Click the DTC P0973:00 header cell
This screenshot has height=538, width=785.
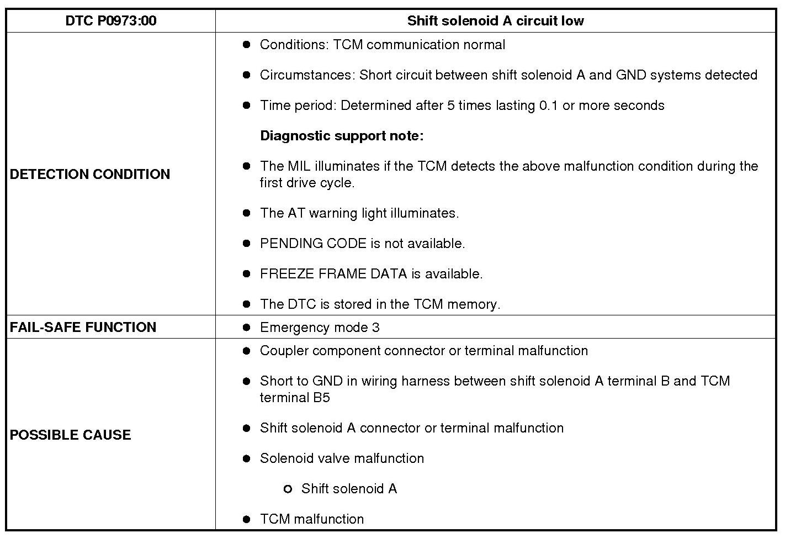tap(110, 21)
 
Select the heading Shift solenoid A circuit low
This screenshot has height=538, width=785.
tap(495, 21)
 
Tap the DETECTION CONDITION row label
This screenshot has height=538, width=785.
tap(90, 174)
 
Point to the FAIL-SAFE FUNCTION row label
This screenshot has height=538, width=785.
tap(83, 327)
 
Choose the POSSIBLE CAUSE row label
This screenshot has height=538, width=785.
tap(71, 435)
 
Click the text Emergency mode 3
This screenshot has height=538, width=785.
tap(320, 328)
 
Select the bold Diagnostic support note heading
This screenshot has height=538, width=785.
tap(342, 136)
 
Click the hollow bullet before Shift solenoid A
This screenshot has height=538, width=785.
tap(287, 489)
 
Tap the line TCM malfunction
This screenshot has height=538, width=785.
tap(312, 519)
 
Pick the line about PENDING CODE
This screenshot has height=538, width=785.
tap(362, 244)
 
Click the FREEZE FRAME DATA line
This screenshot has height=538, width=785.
tap(371, 274)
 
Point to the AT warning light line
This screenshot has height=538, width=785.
tap(359, 213)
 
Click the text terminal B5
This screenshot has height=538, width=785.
tap(295, 398)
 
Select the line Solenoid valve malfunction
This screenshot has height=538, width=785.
tap(342, 458)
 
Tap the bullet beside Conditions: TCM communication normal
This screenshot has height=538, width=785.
tap(246, 45)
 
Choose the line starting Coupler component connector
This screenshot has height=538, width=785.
tap(423, 351)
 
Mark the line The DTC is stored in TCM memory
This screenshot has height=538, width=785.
tap(380, 304)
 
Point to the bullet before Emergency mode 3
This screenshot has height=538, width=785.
tap(246, 328)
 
